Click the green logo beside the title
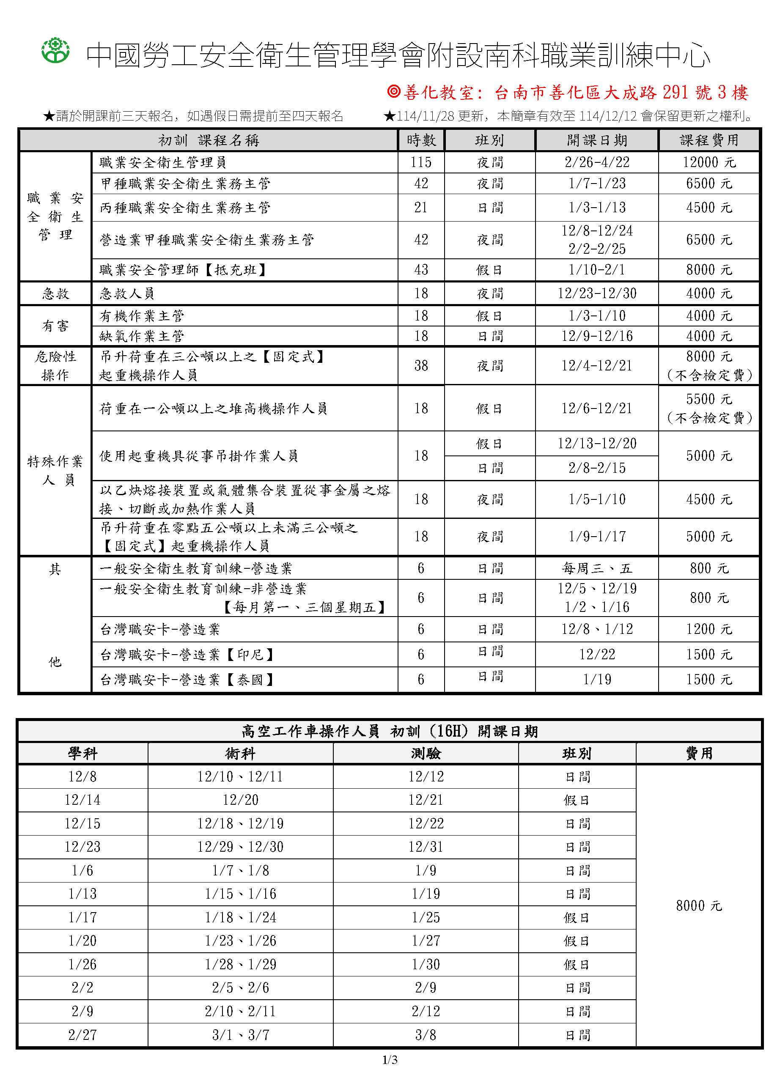tap(55, 51)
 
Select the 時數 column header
tap(421, 140)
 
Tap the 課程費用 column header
tap(709, 140)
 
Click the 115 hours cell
tap(421, 162)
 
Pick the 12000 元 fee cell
tap(709, 162)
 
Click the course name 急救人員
tap(127, 293)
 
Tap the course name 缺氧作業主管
tap(142, 336)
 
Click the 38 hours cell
tap(421, 366)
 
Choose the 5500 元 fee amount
tap(709, 399)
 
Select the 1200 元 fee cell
tap(709, 629)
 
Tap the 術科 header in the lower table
tap(240, 754)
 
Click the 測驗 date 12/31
tap(426, 847)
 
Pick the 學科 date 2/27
tap(82, 1035)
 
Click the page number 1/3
tap(390, 1060)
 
